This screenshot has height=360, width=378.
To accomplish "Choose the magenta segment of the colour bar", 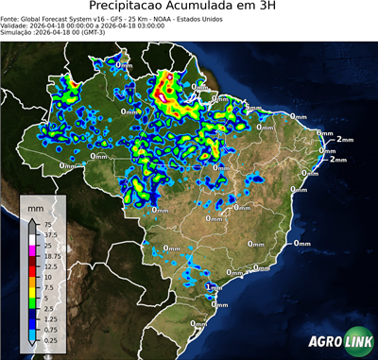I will coord(31,249).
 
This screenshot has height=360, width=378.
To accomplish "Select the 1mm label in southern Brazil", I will coord(212,286).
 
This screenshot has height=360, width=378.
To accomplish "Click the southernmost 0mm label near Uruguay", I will coord(198,324).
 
